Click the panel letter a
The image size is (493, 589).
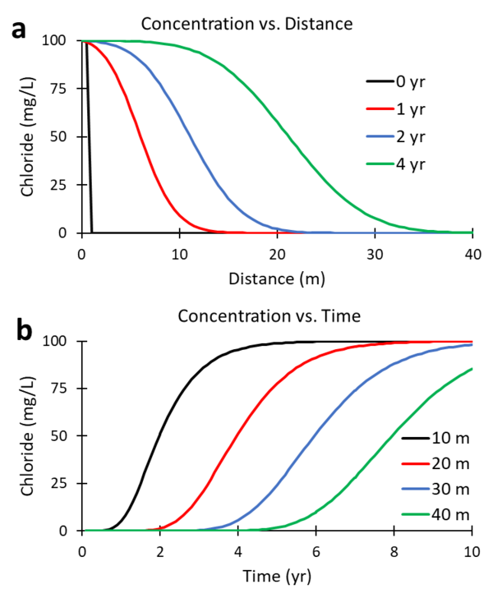19,31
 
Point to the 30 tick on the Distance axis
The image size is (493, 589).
375,251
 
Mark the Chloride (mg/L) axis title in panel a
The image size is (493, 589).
27,137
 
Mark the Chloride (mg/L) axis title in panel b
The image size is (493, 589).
27,435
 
